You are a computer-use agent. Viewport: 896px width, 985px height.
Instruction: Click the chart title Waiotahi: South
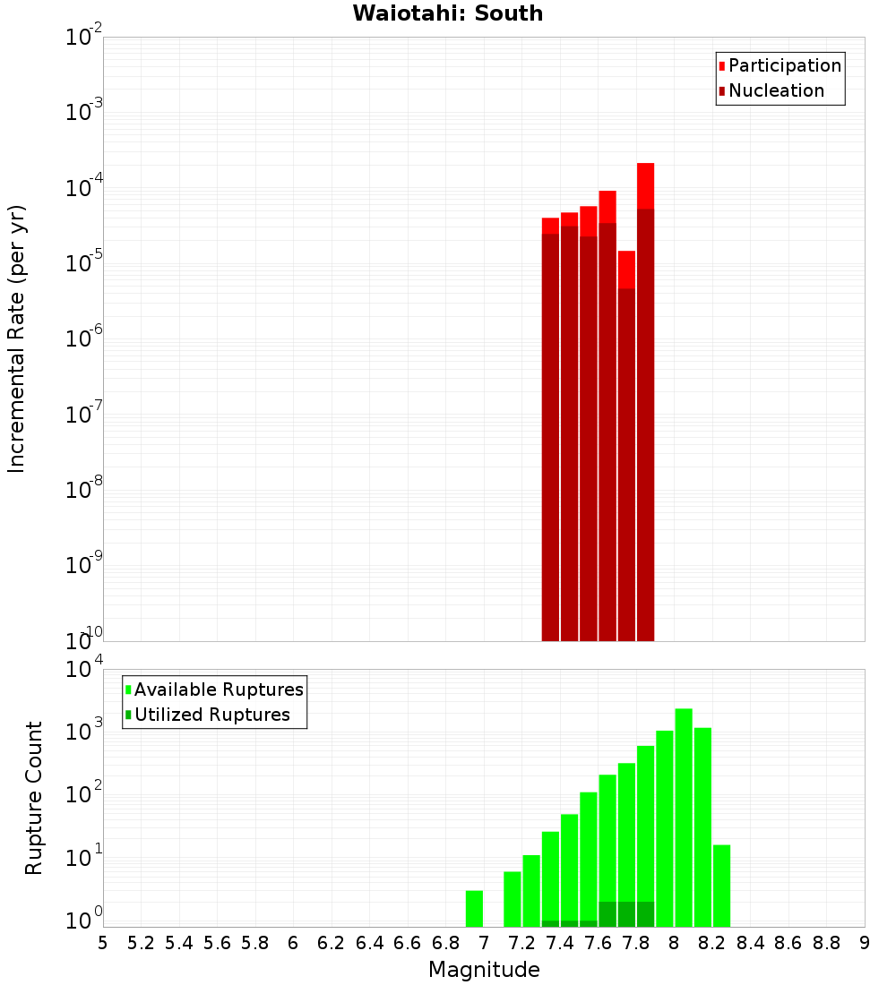tap(447, 13)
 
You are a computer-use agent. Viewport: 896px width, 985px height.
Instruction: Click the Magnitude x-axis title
tap(484, 970)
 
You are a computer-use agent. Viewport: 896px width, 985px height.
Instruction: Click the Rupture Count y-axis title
tap(34, 797)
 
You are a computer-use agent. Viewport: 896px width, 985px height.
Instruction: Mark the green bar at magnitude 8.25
tap(722, 886)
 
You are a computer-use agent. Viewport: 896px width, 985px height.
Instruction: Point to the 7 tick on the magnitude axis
tap(484, 942)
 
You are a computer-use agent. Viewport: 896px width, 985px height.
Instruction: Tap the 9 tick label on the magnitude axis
tap(865, 942)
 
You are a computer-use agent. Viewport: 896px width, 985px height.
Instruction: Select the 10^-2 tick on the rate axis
tap(84, 38)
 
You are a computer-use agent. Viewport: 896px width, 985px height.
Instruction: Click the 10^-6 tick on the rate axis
tap(84, 339)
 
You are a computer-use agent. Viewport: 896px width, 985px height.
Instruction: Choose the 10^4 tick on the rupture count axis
tap(84, 670)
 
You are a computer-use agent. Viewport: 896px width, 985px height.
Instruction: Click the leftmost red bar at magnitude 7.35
tap(551, 429)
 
